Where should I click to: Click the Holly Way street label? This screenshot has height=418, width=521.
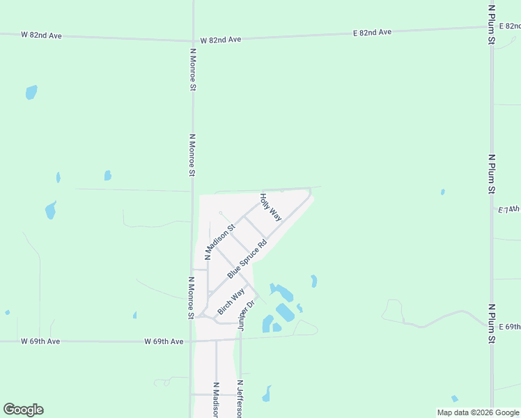(x=270, y=207)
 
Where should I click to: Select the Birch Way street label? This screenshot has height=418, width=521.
(x=231, y=301)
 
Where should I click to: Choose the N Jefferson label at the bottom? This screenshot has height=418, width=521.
(x=240, y=399)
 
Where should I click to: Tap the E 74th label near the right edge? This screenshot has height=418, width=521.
(x=510, y=208)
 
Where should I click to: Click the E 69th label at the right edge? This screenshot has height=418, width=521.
(x=510, y=327)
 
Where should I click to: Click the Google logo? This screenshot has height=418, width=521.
(x=23, y=410)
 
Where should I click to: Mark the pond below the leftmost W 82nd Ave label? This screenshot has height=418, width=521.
(x=31, y=92)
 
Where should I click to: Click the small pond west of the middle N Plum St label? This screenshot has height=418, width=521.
(x=442, y=192)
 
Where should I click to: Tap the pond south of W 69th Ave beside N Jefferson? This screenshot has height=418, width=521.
(x=266, y=395)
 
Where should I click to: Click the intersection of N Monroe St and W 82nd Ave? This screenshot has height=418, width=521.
(x=193, y=40)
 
